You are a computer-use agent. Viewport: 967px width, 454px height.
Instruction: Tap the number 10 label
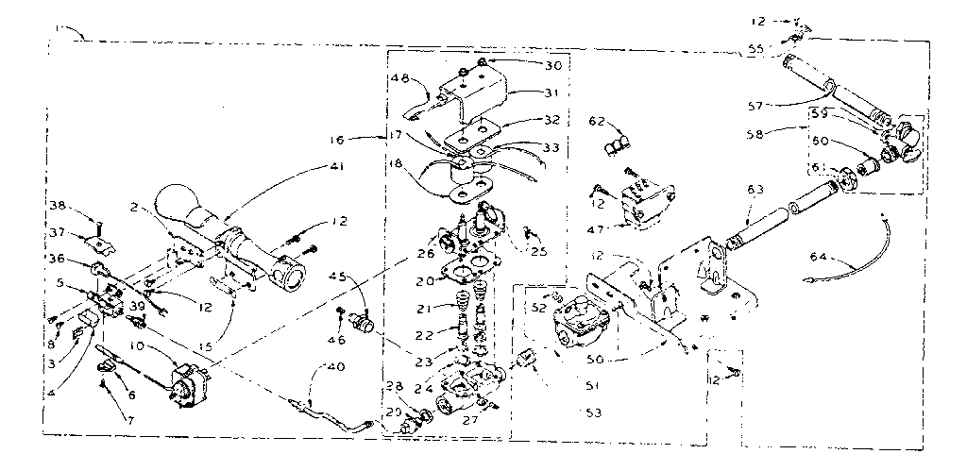(138, 347)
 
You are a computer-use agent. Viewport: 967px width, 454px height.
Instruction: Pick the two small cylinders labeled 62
(617, 144)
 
